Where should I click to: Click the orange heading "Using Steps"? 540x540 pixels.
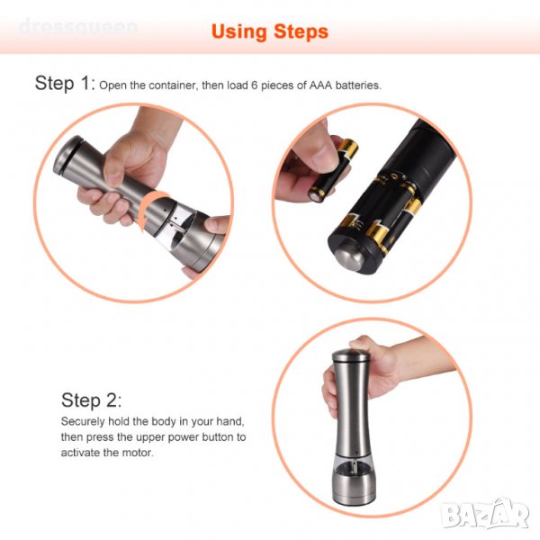[x=270, y=32]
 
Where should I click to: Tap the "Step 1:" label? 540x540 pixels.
[x=65, y=84]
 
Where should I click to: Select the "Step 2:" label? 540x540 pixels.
[x=91, y=400]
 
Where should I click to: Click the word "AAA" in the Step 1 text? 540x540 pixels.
[x=320, y=85]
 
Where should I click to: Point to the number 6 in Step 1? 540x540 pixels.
[x=255, y=85]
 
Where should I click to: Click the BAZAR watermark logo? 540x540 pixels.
[x=486, y=514]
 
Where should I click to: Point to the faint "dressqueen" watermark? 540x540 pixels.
[x=78, y=27]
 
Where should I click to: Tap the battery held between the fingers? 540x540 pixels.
[x=333, y=171]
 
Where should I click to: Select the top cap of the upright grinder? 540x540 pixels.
[x=351, y=355]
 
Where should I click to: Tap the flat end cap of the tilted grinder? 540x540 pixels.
[x=67, y=154]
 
